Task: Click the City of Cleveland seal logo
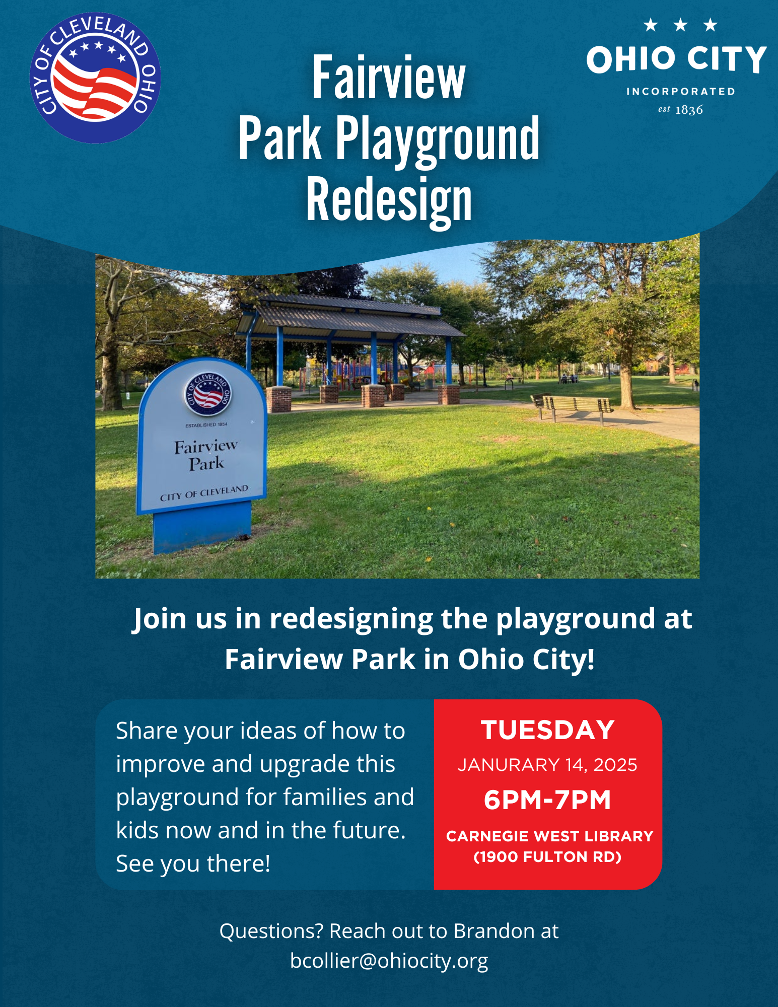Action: tap(95, 78)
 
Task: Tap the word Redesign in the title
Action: tap(389, 200)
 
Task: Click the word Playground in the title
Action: tap(438, 139)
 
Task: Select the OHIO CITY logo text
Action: tap(676, 59)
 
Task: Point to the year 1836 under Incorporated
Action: tap(689, 110)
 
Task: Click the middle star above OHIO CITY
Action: tap(680, 25)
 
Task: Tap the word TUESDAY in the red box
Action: tap(548, 730)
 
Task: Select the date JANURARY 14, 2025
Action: tap(547, 765)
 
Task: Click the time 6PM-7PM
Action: tap(547, 800)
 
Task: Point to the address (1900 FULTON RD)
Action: tap(547, 857)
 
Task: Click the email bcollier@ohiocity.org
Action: tap(389, 961)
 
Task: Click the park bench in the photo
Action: tap(572, 407)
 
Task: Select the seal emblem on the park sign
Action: tap(207, 394)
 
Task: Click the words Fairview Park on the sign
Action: tap(206, 455)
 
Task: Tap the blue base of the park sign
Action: tap(202, 526)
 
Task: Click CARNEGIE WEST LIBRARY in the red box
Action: tap(549, 836)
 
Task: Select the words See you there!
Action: tap(193, 864)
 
